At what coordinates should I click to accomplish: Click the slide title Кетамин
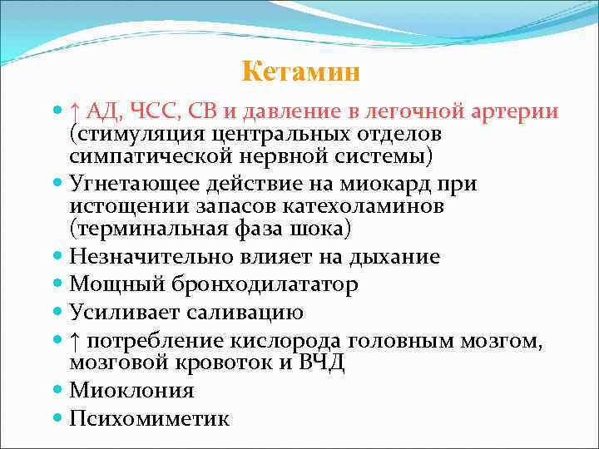coord(301,72)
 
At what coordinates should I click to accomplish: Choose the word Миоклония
coord(132,391)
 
